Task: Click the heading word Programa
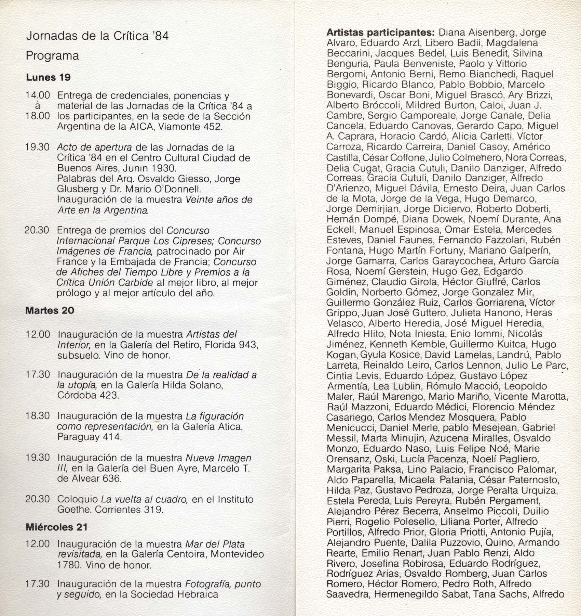(52, 56)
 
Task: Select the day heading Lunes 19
(48, 77)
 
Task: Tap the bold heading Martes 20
(50, 310)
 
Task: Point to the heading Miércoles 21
(57, 527)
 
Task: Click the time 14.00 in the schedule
(38, 95)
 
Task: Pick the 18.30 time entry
(38, 416)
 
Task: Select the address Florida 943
(231, 344)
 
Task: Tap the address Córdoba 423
(88, 396)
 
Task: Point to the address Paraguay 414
(90, 437)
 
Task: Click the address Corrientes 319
(129, 510)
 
